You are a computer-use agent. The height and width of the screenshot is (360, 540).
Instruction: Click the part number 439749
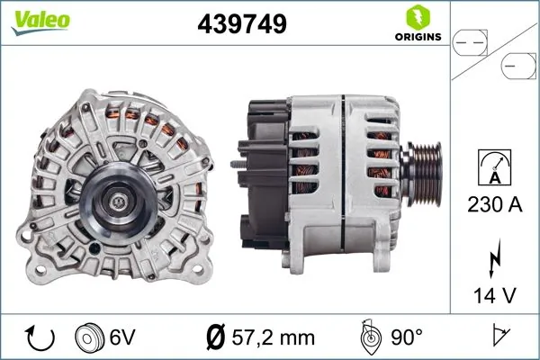tap(241, 24)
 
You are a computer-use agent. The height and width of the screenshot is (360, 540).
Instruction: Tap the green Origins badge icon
tap(417, 17)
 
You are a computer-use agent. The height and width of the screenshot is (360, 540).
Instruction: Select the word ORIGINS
tap(417, 37)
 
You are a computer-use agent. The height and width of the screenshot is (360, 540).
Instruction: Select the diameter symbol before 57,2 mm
tap(216, 337)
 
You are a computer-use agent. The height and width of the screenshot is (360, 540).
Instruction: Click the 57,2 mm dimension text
tap(274, 337)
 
